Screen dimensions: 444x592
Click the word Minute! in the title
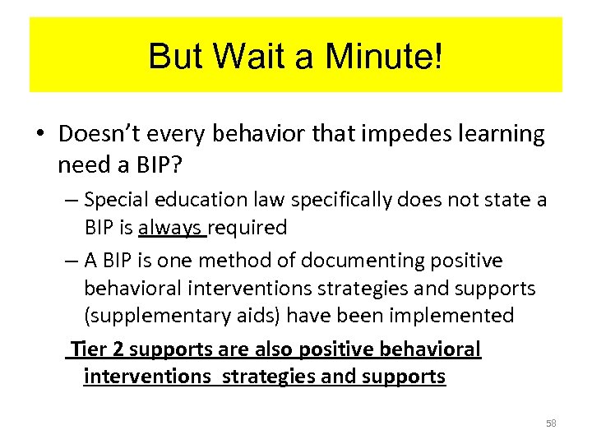pyautogui.click(x=384, y=56)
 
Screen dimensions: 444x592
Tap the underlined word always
pyautogui.click(x=172, y=228)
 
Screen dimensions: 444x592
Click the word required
pyautogui.click(x=247, y=228)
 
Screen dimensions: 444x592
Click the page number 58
pyautogui.click(x=551, y=423)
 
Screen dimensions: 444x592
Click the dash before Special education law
pyautogui.click(x=70, y=200)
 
